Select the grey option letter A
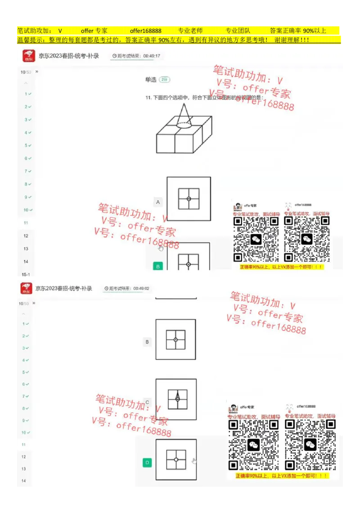158,202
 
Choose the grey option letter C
147,402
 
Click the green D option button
147,463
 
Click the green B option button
158,266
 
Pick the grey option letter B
147,342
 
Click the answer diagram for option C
176,399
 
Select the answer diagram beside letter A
189,199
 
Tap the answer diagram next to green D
176,460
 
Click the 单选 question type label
150,80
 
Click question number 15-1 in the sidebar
26,274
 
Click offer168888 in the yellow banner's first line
145,31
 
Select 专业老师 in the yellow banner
190,31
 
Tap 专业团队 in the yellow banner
238,31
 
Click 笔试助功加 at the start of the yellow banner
34,31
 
